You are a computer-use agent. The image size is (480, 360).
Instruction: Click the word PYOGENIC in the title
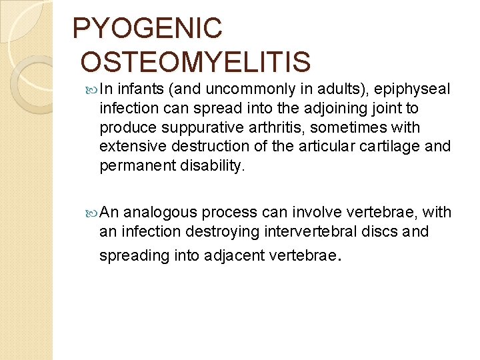pyautogui.click(x=147, y=28)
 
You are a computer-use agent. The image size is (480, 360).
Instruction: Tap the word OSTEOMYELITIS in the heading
pyautogui.click(x=195, y=62)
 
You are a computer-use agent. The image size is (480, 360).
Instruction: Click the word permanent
pyautogui.click(x=138, y=165)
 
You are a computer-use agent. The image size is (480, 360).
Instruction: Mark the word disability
pyautogui.click(x=213, y=165)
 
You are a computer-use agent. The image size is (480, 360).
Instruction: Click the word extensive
pyautogui.click(x=129, y=146)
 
